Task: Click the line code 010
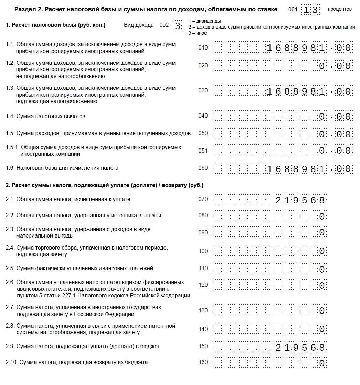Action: pyautogui.click(x=203, y=47)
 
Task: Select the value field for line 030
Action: pyautogui.click(x=282, y=91)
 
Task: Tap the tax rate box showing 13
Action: pyautogui.click(x=310, y=10)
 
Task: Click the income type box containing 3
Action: pyautogui.click(x=177, y=26)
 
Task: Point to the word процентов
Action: pyautogui.click(x=340, y=9)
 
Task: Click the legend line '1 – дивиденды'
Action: pyautogui.click(x=205, y=21)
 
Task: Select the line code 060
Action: pyautogui.click(x=203, y=168)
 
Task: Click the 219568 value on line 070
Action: pyautogui.click(x=300, y=200)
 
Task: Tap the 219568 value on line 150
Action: pyautogui.click(x=300, y=347)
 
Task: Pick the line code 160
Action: pyautogui.click(x=203, y=362)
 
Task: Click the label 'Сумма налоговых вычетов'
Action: pyautogui.click(x=51, y=117)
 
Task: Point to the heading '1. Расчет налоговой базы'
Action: pyautogui.click(x=55, y=25)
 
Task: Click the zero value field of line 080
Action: pyautogui.click(x=269, y=216)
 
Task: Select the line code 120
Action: pyautogui.click(x=203, y=285)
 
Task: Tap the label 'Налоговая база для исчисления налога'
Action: pyautogui.click(x=67, y=168)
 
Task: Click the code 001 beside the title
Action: pyautogui.click(x=293, y=10)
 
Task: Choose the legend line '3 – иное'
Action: pyautogui.click(x=198, y=33)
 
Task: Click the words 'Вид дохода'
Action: pyautogui.click(x=139, y=25)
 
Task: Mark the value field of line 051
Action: pyautogui.click(x=282, y=150)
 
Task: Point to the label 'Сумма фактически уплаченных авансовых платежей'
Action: pyautogui.click(x=85, y=268)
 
